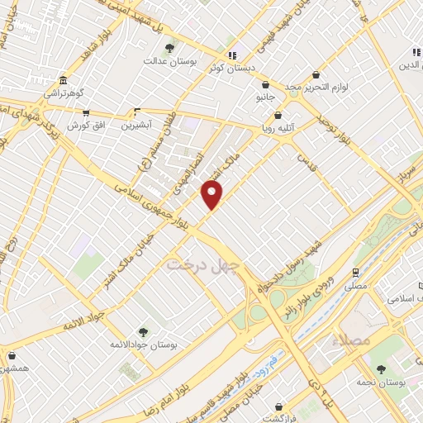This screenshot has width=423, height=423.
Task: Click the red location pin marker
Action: pyautogui.click(x=213, y=196)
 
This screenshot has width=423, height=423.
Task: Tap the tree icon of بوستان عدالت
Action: pyautogui.click(x=171, y=48)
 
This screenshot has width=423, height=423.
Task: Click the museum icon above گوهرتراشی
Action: pyautogui.click(x=64, y=83)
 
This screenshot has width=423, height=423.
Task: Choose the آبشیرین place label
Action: pyautogui.click(x=137, y=126)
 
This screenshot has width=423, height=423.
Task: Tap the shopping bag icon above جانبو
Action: pyautogui.click(x=265, y=84)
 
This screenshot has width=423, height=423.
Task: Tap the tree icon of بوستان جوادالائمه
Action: pyautogui.click(x=143, y=332)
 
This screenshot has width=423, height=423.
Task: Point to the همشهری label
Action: pyautogui.click(x=16, y=366)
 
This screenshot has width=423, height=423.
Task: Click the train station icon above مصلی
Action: pyautogui.click(x=355, y=272)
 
